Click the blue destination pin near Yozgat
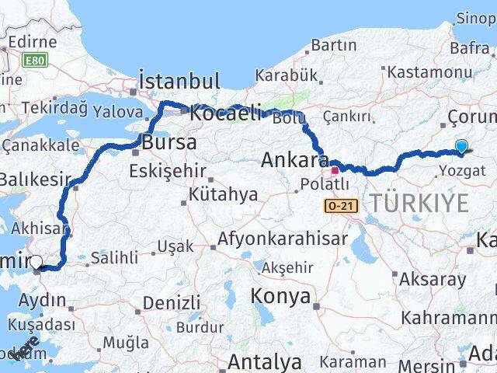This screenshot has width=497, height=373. pyautogui.click(x=461, y=146)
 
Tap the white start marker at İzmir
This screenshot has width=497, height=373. pyautogui.click(x=36, y=263)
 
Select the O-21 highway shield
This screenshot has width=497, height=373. pyautogui.click(x=334, y=206)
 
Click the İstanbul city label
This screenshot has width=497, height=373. pyautogui.click(x=179, y=82)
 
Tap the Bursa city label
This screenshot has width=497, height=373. pyautogui.click(x=169, y=143)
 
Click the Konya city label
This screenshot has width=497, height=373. pyautogui.click(x=280, y=296)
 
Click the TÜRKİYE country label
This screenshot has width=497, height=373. pyautogui.click(x=419, y=204)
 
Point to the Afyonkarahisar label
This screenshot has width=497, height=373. pyautogui.click(x=283, y=239)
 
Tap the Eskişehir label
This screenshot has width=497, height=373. pyautogui.click(x=169, y=169)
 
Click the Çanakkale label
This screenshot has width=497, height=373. pyautogui.click(x=40, y=145)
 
